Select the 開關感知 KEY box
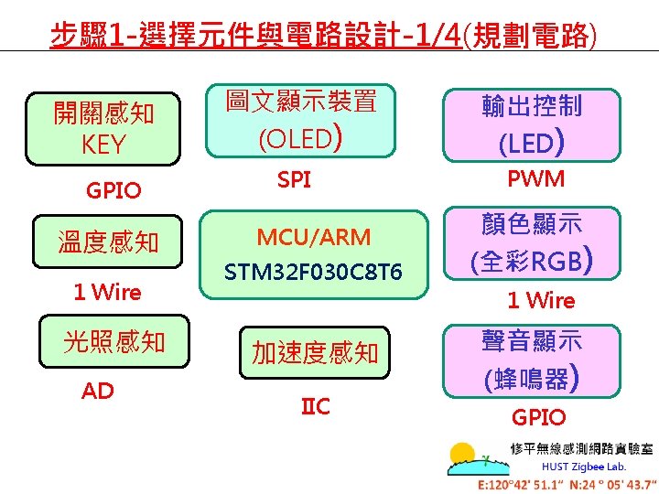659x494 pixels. tap(103, 129)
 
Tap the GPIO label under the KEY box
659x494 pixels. tap(113, 190)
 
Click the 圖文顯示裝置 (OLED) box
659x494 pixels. tap(301, 120)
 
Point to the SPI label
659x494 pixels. tap(294, 180)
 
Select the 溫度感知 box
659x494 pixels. tap(108, 242)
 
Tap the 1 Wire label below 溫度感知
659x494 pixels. tap(107, 293)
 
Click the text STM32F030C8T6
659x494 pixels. tap(313, 273)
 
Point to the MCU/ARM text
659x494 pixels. tap(314, 237)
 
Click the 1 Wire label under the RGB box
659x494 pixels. tap(541, 300)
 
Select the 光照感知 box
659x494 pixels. tap(113, 341)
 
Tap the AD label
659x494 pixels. tap(98, 392)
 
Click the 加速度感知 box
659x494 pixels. tap(315, 352)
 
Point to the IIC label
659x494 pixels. tap(316, 406)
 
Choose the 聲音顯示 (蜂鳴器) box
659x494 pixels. tap(532, 358)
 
